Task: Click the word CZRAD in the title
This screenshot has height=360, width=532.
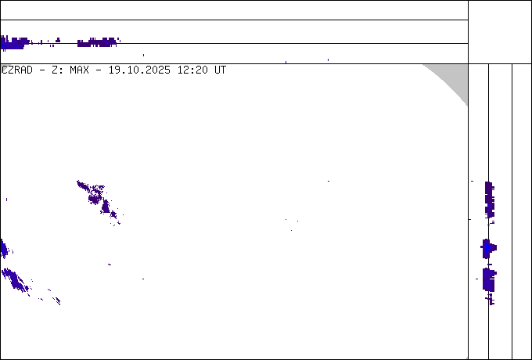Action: pyautogui.click(x=17, y=70)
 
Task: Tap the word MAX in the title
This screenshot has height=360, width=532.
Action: pyautogui.click(x=79, y=70)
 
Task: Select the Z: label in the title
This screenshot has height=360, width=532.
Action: pyautogui.click(x=56, y=70)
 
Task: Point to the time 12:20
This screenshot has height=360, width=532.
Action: pyautogui.click(x=192, y=70)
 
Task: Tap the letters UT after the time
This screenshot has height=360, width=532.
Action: pyautogui.click(x=220, y=70)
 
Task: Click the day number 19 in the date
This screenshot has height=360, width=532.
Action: pyautogui.click(x=114, y=70)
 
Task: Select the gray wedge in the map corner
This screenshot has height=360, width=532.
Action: pyautogui.click(x=452, y=80)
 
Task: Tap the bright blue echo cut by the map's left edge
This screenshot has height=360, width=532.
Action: pyautogui.click(x=4, y=249)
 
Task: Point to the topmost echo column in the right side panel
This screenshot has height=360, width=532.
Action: pyautogui.click(x=489, y=200)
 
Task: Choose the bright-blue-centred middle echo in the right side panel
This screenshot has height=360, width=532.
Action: pyautogui.click(x=488, y=248)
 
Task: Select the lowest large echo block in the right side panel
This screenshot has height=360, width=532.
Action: pyautogui.click(x=489, y=279)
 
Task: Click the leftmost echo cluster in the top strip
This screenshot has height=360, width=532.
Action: pyautogui.click(x=14, y=43)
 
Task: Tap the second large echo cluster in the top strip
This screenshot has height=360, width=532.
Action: pyautogui.click(x=97, y=42)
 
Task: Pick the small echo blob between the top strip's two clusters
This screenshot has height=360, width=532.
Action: pyautogui.click(x=58, y=40)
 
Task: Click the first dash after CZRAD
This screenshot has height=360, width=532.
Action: pyautogui.click(x=42, y=70)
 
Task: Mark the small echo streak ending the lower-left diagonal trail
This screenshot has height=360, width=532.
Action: pyautogui.click(x=57, y=301)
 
